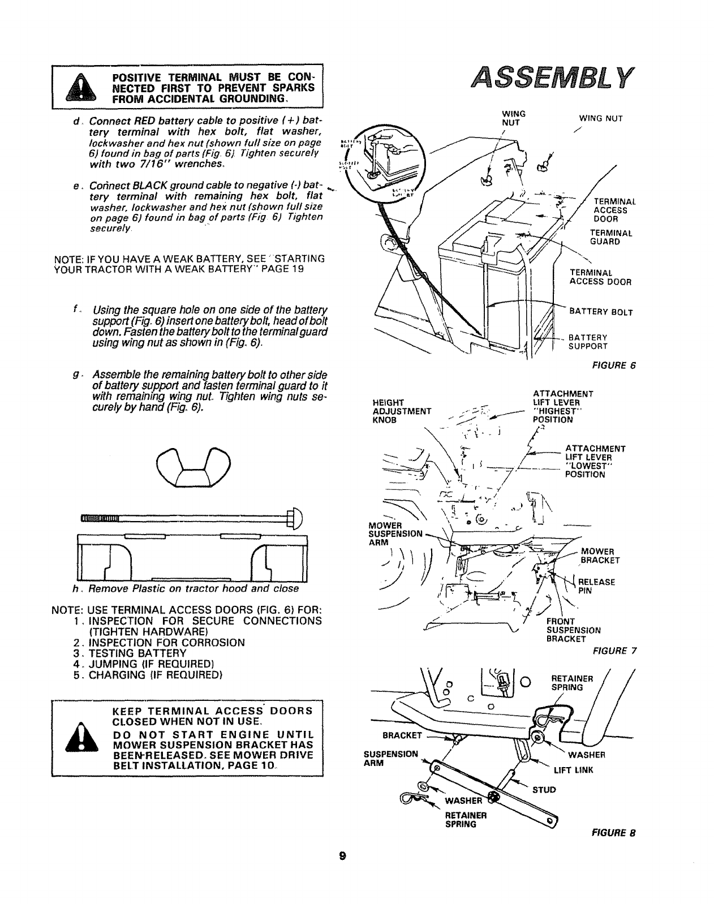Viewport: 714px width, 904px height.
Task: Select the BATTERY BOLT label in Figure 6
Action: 600,312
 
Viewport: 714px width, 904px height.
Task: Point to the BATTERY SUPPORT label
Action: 588,342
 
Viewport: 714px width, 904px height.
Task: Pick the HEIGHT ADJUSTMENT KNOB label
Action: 402,411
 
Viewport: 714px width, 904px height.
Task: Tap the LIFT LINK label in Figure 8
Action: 573,770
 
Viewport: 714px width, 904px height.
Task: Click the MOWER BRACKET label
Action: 600,556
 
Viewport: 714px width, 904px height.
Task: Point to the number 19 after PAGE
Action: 298,269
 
